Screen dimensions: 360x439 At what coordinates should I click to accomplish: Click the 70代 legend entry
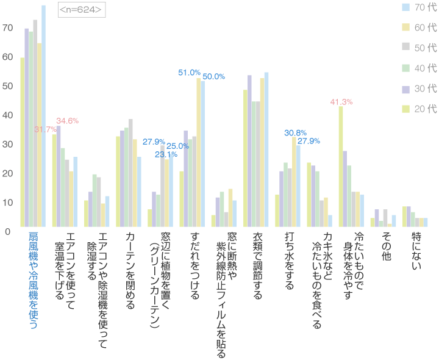point(420,7)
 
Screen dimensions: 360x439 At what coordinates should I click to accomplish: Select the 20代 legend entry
point(420,109)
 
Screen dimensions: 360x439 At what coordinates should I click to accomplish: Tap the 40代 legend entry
point(420,68)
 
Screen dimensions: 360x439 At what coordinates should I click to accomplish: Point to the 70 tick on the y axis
point(7,28)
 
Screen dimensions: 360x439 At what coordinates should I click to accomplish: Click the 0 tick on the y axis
point(7,231)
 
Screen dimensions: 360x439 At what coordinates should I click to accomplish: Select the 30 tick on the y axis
point(7,145)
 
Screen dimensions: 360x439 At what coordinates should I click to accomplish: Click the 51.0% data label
point(189,73)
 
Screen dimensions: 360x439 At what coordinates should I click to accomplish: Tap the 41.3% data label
point(341,101)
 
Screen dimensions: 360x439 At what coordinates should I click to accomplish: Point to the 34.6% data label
point(67,121)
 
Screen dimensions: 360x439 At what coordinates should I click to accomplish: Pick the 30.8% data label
point(296,132)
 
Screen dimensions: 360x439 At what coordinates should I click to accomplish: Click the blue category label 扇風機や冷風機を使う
point(33,281)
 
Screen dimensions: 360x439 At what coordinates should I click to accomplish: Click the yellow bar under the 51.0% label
point(198,153)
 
